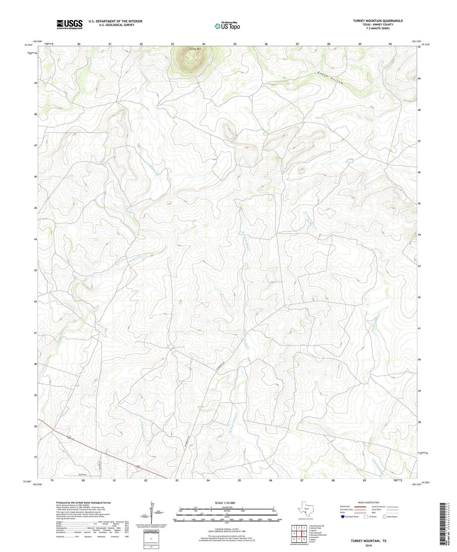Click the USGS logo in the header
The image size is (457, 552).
point(69,24)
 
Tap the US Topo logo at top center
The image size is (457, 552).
point(227,26)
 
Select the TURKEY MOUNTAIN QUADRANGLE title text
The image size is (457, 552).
point(377,21)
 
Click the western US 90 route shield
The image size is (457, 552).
point(70,438)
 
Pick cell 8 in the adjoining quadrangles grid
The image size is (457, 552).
point(304,539)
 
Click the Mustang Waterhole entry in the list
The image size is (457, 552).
point(317,535)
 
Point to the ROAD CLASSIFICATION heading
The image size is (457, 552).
point(368,502)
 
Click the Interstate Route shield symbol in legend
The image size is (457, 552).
point(343,517)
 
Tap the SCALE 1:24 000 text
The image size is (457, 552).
point(225,503)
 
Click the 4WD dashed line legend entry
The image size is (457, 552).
point(393,512)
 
